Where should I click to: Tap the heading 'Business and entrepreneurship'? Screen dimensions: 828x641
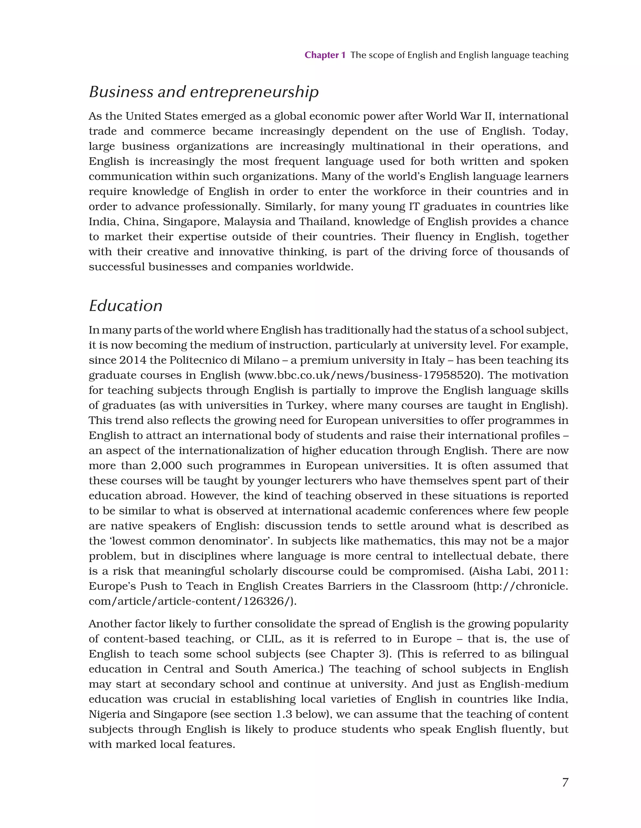pos(204,92)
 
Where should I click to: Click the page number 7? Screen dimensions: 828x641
pos(565,782)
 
